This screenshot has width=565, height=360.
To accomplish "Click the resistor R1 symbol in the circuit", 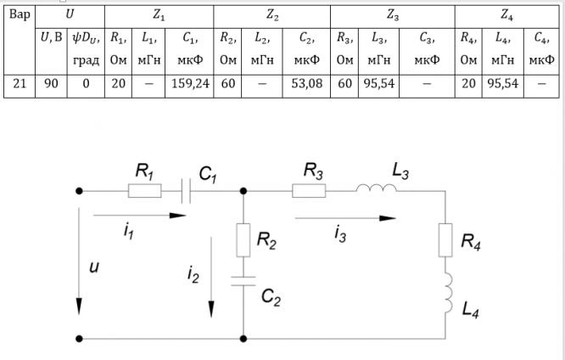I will pos(144,191).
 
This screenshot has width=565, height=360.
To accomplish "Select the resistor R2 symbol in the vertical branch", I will pos(243,239).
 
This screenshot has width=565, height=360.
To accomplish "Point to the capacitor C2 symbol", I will pos(243,280).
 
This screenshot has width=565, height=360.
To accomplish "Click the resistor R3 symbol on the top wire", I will pos(309,191).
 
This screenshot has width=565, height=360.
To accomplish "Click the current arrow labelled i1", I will pos(140,215).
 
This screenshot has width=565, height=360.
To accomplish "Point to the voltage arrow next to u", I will pos(79,263).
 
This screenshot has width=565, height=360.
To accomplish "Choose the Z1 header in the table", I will pos(159,14).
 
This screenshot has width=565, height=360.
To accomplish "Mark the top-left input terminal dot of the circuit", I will pos(79,191).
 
